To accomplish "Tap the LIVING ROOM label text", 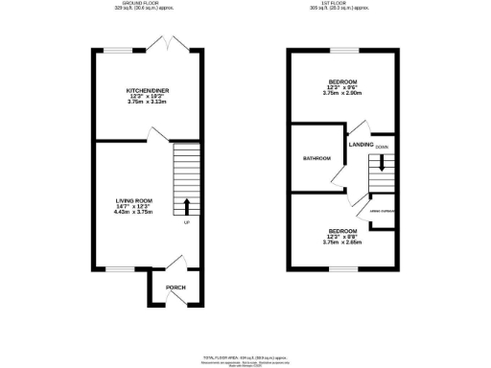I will (x=134, y=199).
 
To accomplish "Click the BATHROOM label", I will (x=316, y=158).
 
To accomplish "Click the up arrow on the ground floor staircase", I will (x=185, y=205).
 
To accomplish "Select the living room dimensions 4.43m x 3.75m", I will (x=134, y=213).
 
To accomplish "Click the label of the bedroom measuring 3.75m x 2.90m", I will (x=342, y=82).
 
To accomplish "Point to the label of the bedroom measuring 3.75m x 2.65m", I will (x=342, y=231).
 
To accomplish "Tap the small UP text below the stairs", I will (x=185, y=223).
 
